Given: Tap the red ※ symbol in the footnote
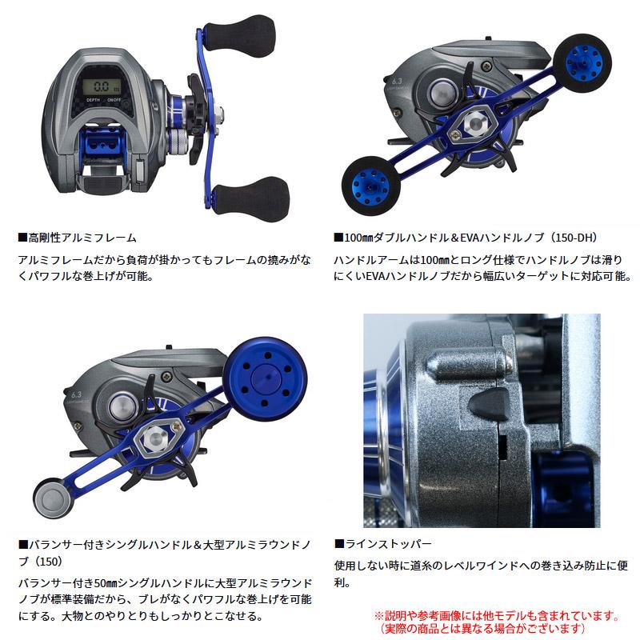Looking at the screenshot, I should [x=380, y=617].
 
